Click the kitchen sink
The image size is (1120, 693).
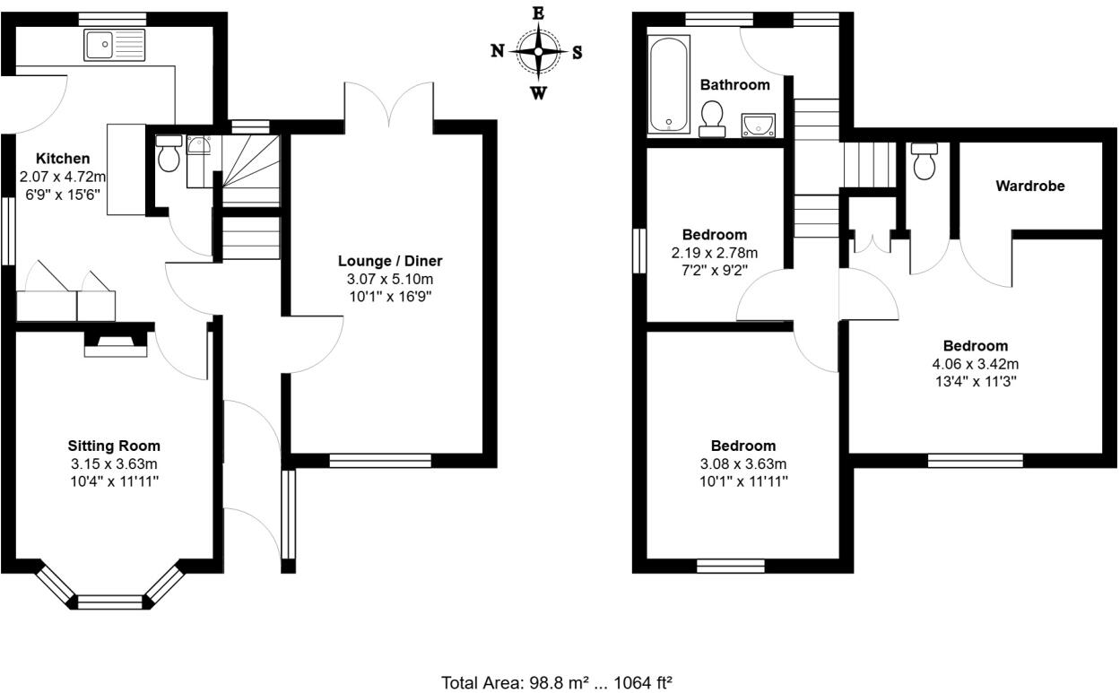click(114, 42)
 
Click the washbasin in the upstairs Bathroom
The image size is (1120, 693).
click(759, 126)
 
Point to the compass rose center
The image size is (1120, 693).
click(537, 51)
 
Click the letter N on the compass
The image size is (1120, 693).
click(497, 51)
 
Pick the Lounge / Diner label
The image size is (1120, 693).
click(390, 261)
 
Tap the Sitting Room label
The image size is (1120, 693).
click(114, 446)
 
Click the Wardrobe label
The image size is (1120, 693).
click(1030, 186)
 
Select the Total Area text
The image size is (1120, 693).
click(557, 683)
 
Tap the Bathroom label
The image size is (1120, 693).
click(734, 85)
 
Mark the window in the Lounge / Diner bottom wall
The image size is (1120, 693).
click(380, 461)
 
